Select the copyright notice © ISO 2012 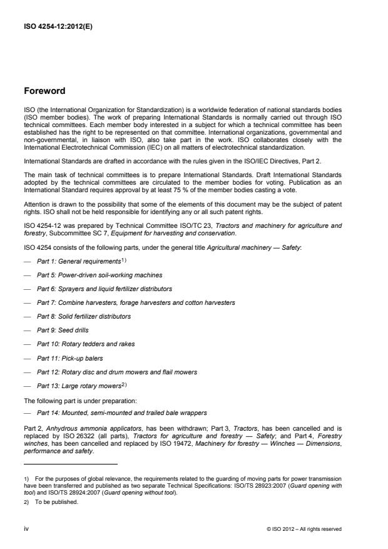tap(304, 528)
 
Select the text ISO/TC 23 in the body tap(176, 223)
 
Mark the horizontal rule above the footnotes tap(70, 464)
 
